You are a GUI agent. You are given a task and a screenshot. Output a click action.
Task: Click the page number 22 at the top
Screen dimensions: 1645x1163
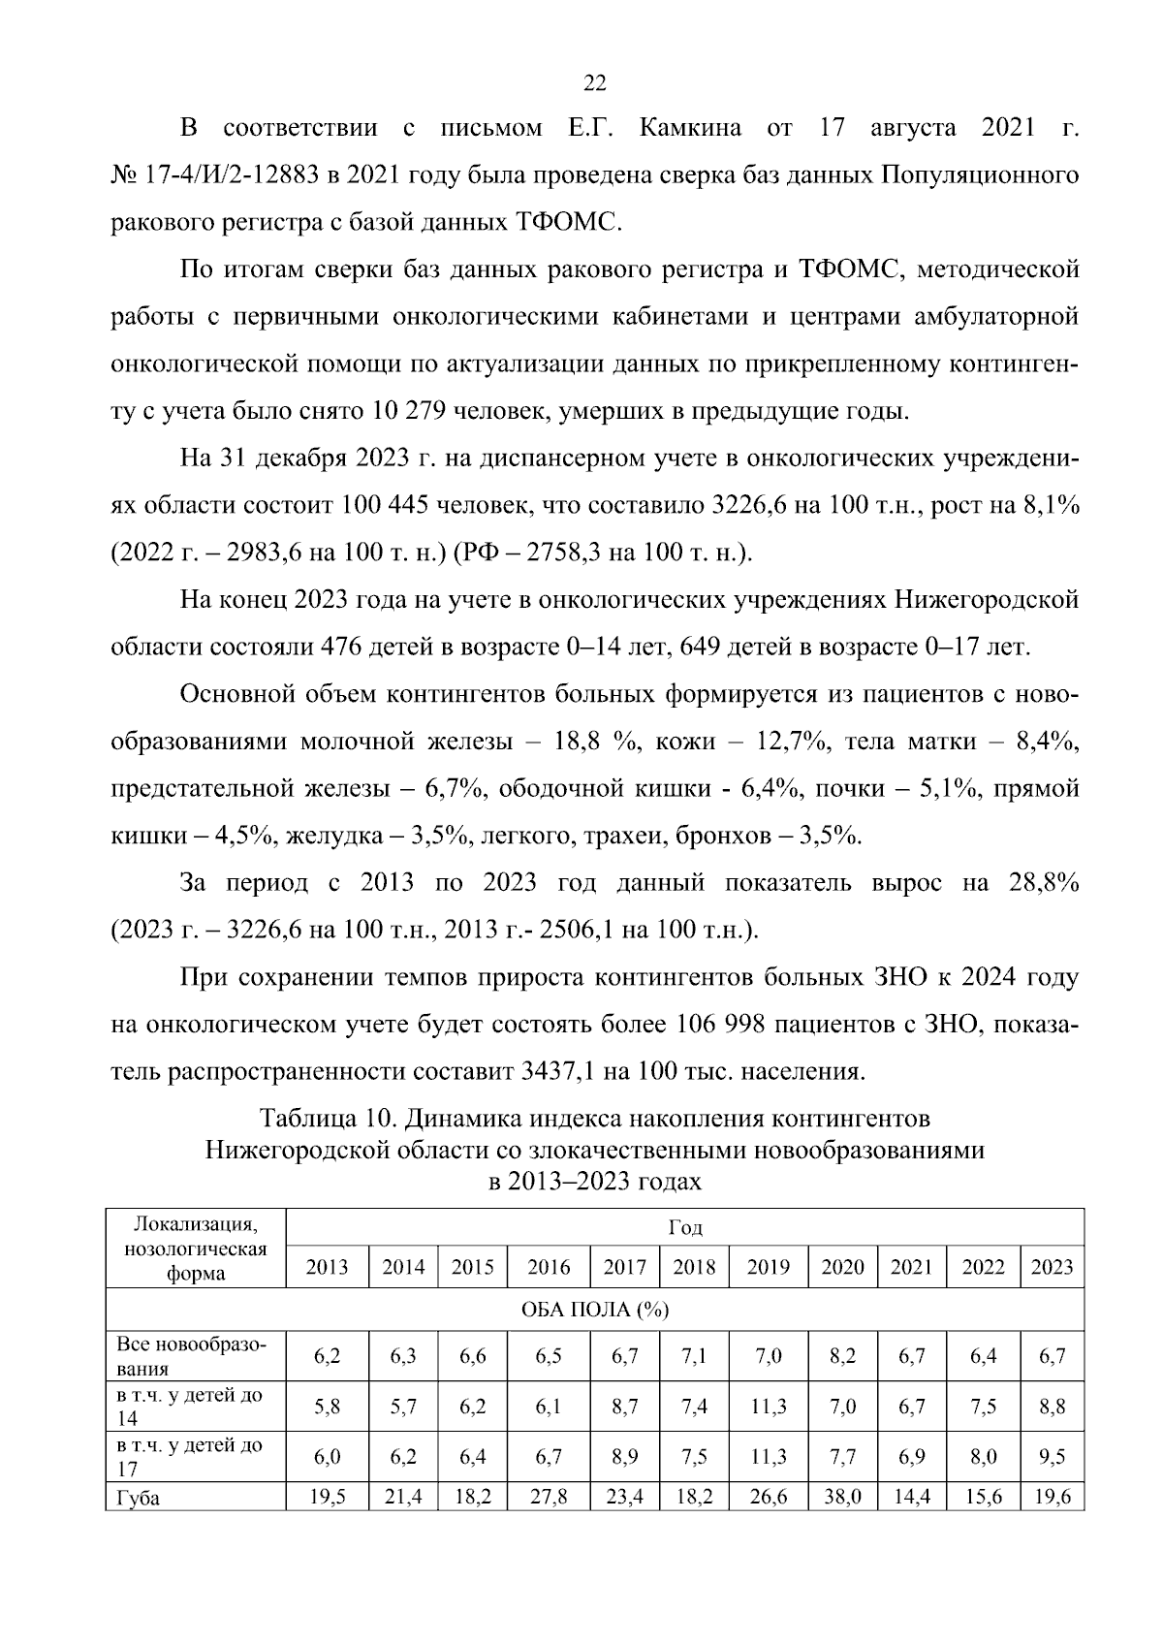click(594, 84)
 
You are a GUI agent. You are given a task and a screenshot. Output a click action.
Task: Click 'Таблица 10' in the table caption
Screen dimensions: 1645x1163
click(326, 1119)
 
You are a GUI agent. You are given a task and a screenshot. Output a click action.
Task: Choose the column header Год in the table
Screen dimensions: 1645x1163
click(684, 1228)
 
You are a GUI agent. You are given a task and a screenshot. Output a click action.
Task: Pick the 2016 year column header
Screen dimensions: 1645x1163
click(549, 1268)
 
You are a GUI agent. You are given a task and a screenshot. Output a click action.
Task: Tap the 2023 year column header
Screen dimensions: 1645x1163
click(1052, 1268)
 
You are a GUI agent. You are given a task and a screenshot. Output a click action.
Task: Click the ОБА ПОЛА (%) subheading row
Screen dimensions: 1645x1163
click(594, 1311)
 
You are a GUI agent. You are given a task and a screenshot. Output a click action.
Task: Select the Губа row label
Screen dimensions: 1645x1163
click(139, 1498)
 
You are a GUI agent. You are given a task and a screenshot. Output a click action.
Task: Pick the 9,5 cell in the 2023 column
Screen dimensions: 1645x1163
click(1052, 1457)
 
